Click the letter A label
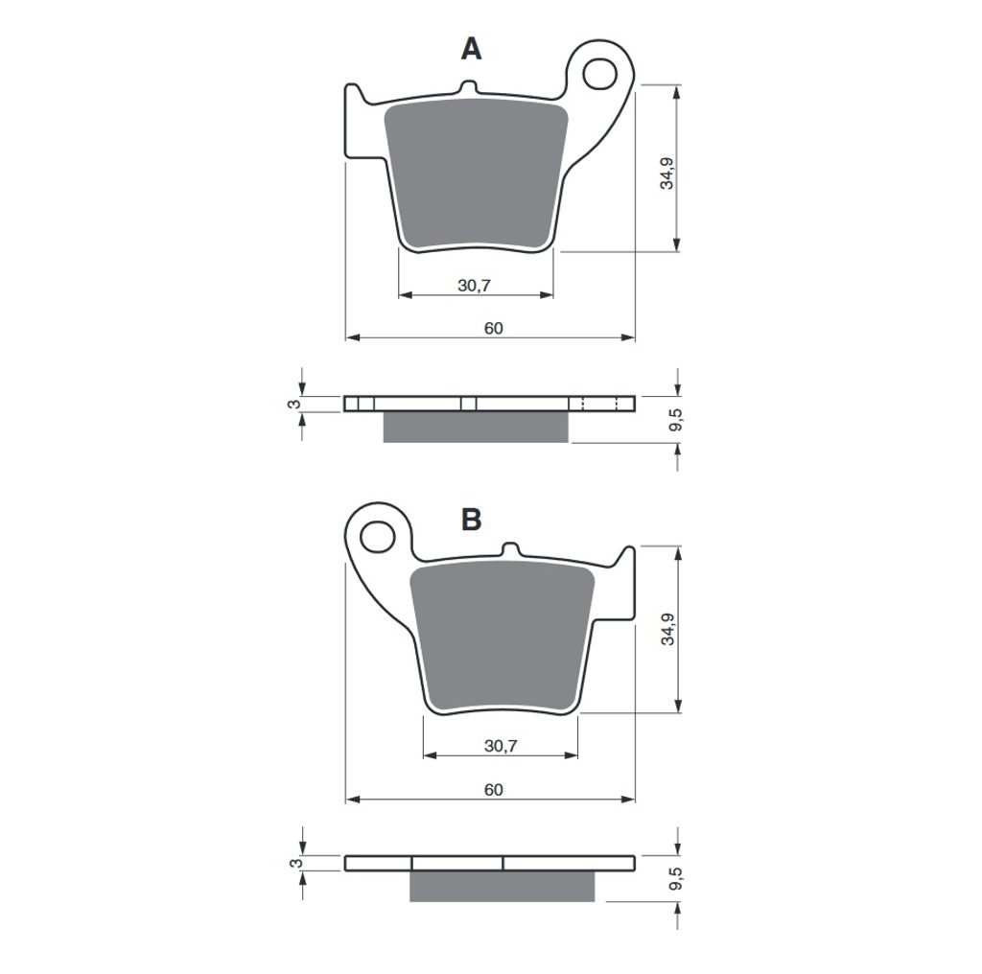(471, 49)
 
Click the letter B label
(471, 519)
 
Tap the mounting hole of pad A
(599, 74)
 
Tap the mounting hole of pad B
(378, 537)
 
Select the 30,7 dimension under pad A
(474, 286)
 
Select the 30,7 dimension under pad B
(501, 746)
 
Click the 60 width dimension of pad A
(493, 328)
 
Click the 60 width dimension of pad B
(493, 789)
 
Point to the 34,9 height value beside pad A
(667, 173)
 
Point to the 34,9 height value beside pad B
(667, 629)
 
